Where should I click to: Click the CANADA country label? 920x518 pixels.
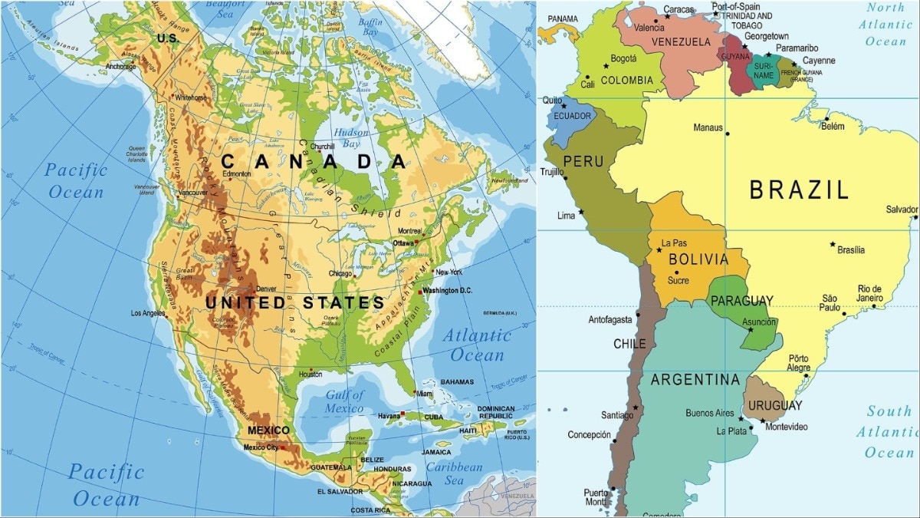pyautogui.click(x=313, y=161)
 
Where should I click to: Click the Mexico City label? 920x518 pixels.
pyautogui.click(x=261, y=447)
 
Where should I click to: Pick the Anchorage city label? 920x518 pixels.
pyautogui.click(x=121, y=67)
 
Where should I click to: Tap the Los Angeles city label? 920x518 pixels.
pyautogui.click(x=149, y=313)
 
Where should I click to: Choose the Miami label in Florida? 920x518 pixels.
pyautogui.click(x=425, y=394)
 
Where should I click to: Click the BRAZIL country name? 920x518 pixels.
pyautogui.click(x=799, y=190)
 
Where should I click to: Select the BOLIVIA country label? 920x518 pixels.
pyautogui.click(x=698, y=259)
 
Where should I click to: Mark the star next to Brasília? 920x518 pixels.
pyautogui.click(x=833, y=245)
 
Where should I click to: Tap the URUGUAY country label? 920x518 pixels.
pyautogui.click(x=775, y=405)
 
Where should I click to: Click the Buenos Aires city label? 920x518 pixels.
pyautogui.click(x=709, y=413)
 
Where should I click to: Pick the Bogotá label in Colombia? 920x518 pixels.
pyautogui.click(x=623, y=58)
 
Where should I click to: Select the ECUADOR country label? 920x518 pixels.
pyautogui.click(x=573, y=116)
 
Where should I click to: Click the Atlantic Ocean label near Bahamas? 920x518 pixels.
pyautogui.click(x=477, y=345)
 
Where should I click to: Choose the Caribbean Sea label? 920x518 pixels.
pyautogui.click(x=455, y=473)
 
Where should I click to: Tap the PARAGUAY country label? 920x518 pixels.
pyautogui.click(x=741, y=300)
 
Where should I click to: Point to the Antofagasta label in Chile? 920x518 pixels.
pyautogui.click(x=610, y=319)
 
